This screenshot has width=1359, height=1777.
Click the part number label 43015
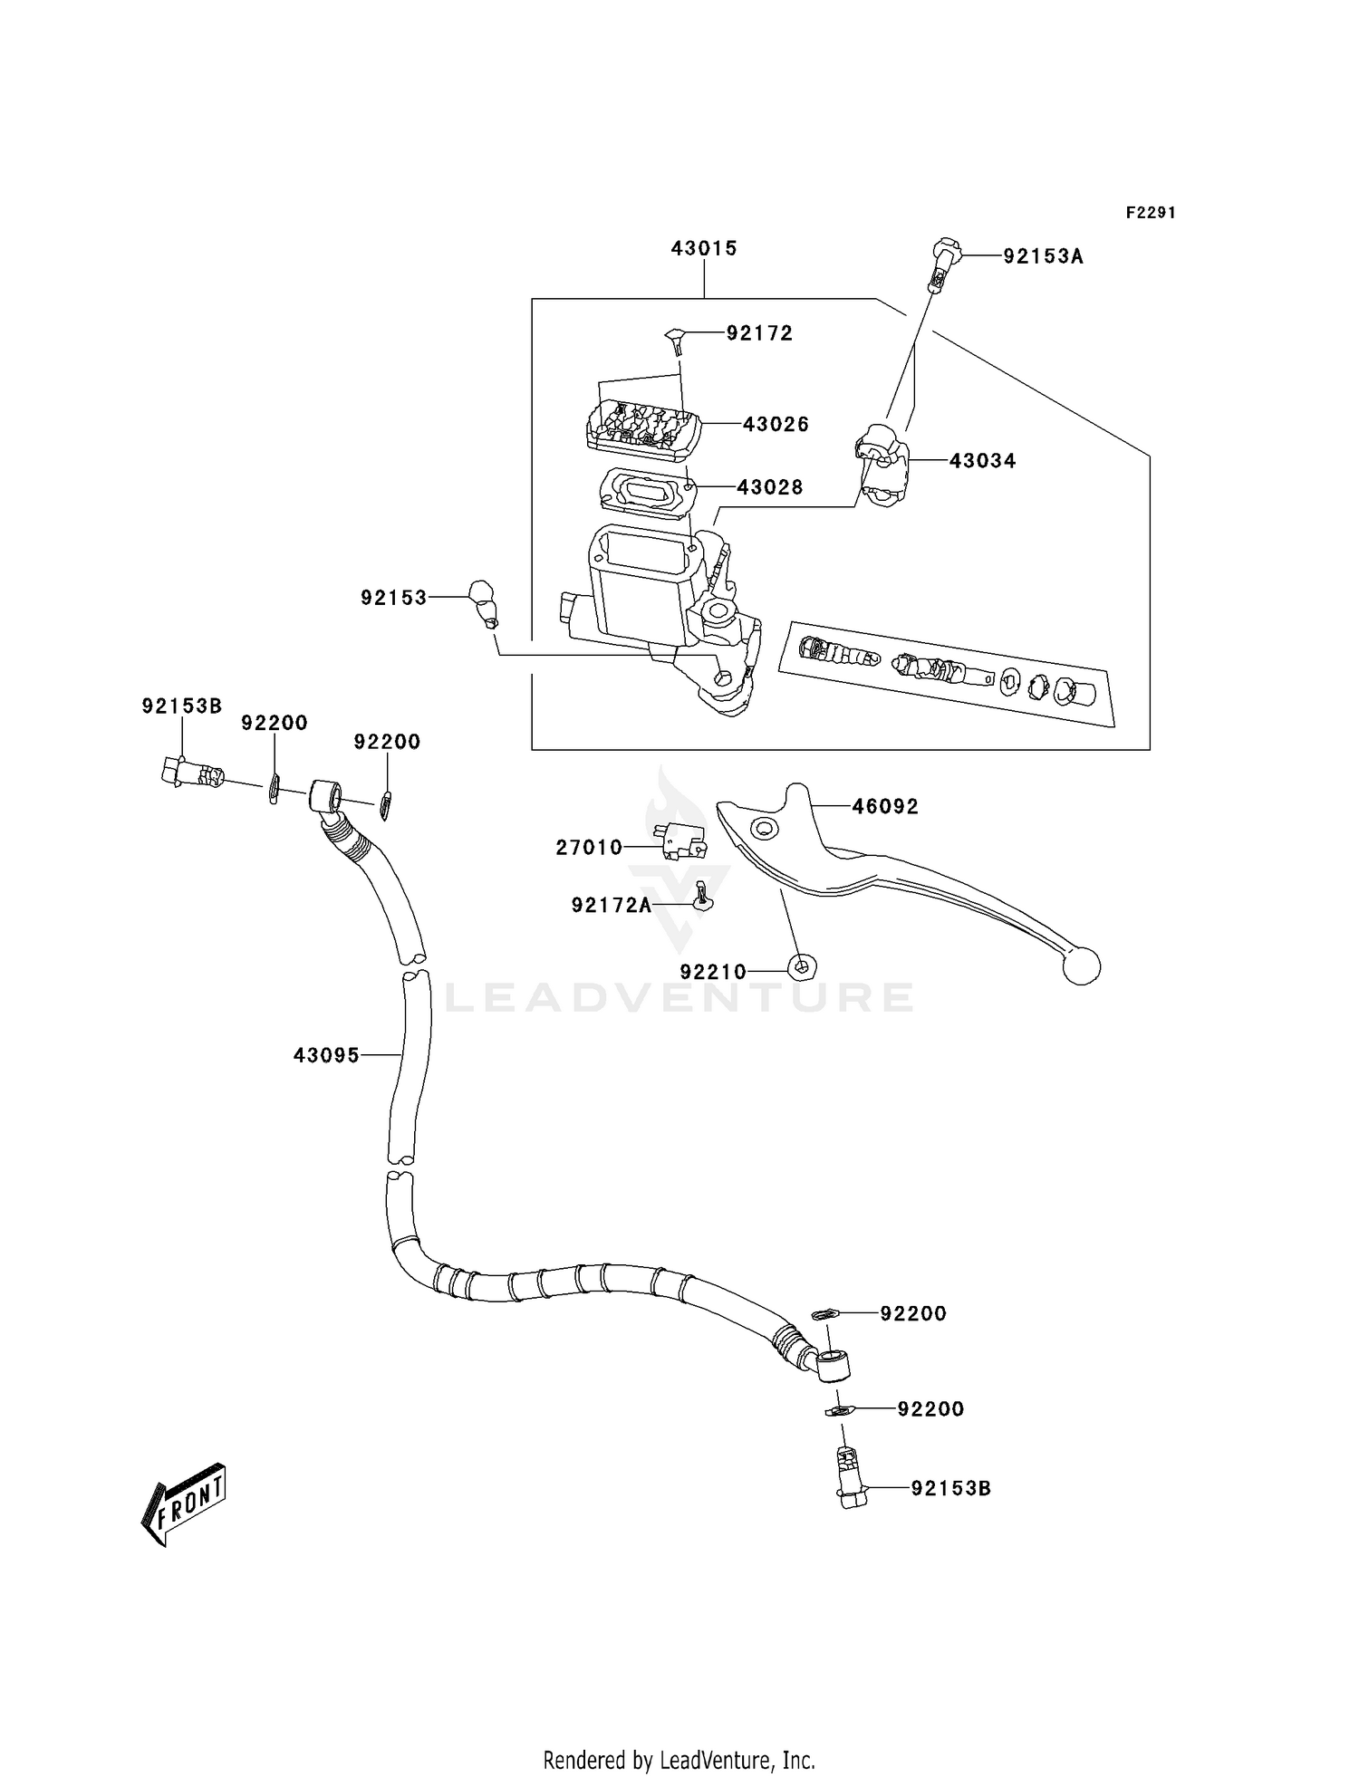[704, 248]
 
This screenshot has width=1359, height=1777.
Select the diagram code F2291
[1151, 213]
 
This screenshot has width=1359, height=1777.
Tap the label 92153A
[1043, 256]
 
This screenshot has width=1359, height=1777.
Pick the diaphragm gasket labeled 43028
[646, 492]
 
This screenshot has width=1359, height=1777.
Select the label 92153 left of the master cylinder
[393, 598]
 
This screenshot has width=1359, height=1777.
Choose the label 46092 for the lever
[884, 806]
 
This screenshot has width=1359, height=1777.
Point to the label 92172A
[612, 905]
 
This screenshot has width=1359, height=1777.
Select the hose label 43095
[326, 1055]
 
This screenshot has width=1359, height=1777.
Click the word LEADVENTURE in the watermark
[679, 997]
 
